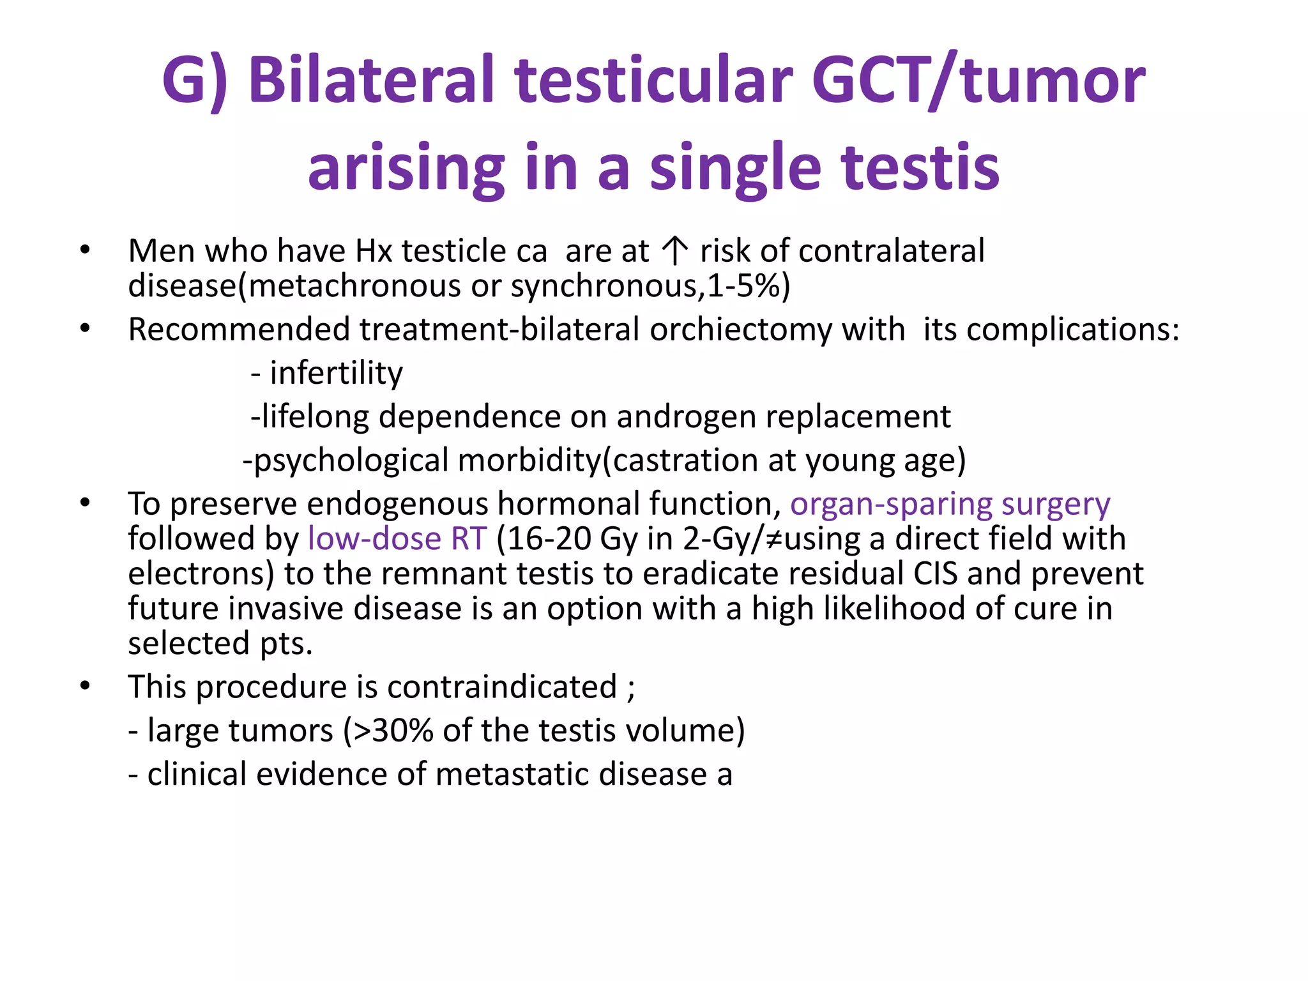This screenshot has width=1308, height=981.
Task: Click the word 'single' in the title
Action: tap(734, 167)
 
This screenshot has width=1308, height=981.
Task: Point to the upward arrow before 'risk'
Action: tap(674, 251)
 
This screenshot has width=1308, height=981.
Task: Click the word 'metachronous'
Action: tap(354, 285)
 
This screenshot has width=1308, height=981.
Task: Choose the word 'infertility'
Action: tap(337, 373)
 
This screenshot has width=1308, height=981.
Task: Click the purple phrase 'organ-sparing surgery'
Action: tap(950, 505)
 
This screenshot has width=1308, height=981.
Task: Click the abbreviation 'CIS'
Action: tap(935, 574)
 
